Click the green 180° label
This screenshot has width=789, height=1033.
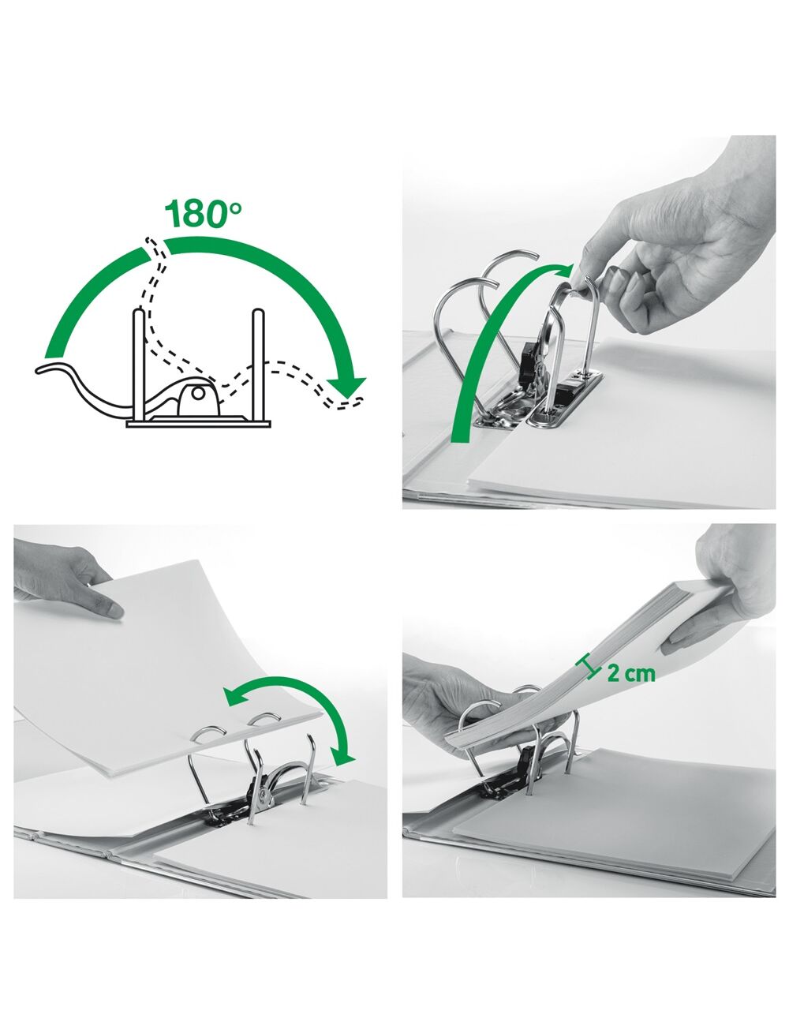(x=203, y=214)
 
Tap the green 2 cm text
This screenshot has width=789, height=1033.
(x=631, y=673)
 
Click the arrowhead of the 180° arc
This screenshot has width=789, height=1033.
(x=346, y=387)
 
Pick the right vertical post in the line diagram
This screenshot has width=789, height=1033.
(x=258, y=364)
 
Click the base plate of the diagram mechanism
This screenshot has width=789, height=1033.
(x=199, y=424)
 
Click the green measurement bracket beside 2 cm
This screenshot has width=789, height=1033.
(x=588, y=668)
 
